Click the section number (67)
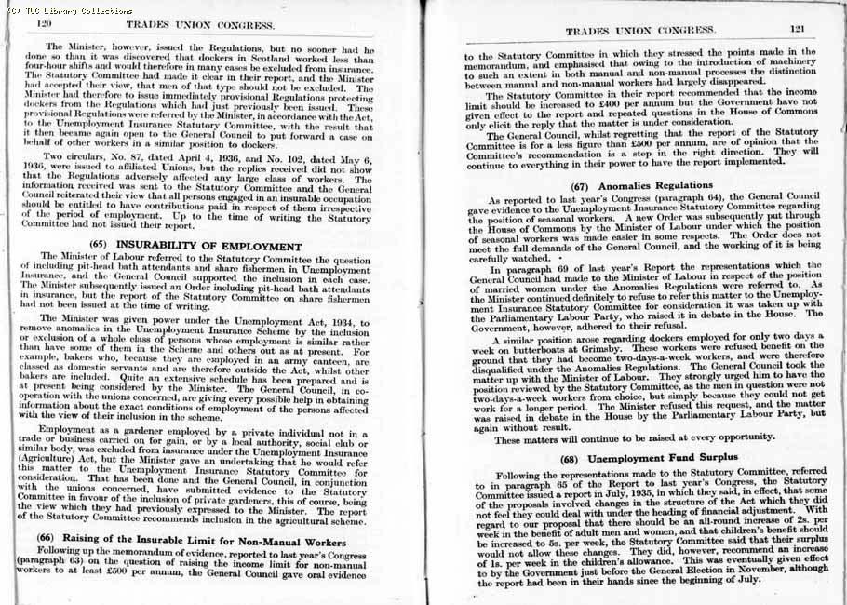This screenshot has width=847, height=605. [584, 185]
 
